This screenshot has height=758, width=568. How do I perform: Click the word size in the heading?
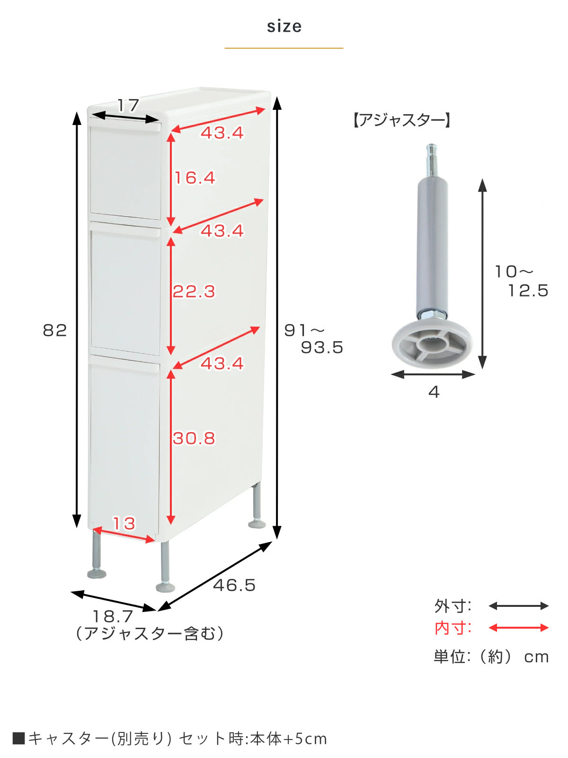tap(284, 27)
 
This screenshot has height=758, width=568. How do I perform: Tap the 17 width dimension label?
tap(128, 105)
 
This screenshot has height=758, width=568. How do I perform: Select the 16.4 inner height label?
tap(195, 178)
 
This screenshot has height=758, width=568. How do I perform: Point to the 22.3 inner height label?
tap(194, 291)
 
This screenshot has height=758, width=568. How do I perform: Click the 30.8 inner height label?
tap(194, 438)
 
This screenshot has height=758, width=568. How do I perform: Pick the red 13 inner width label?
tap(124, 523)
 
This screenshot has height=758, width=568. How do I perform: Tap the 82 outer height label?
tap(54, 330)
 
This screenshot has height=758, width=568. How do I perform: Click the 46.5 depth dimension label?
tap(234, 586)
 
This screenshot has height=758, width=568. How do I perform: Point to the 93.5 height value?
tap(322, 347)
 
